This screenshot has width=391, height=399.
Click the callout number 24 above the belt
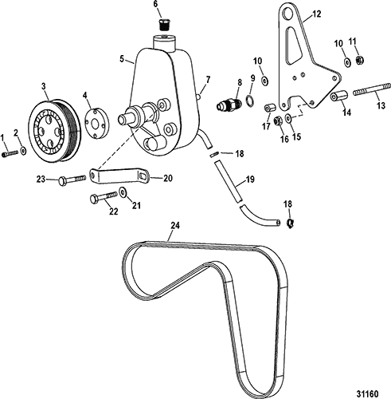175,226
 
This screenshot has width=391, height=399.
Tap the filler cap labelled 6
165,25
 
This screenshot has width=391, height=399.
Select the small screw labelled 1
10,153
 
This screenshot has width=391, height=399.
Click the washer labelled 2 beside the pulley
24,151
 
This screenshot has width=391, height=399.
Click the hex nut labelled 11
359,60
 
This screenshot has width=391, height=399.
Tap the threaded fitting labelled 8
229,105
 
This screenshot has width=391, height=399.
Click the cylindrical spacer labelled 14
338,96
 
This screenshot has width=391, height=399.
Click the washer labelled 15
288,118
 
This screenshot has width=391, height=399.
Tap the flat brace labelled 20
119,176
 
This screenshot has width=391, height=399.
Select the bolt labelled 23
72,180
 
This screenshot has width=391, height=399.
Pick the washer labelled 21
123,192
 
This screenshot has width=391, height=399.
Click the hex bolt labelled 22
104,197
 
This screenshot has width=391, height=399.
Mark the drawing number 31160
367,393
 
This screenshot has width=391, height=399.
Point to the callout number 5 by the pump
122,59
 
